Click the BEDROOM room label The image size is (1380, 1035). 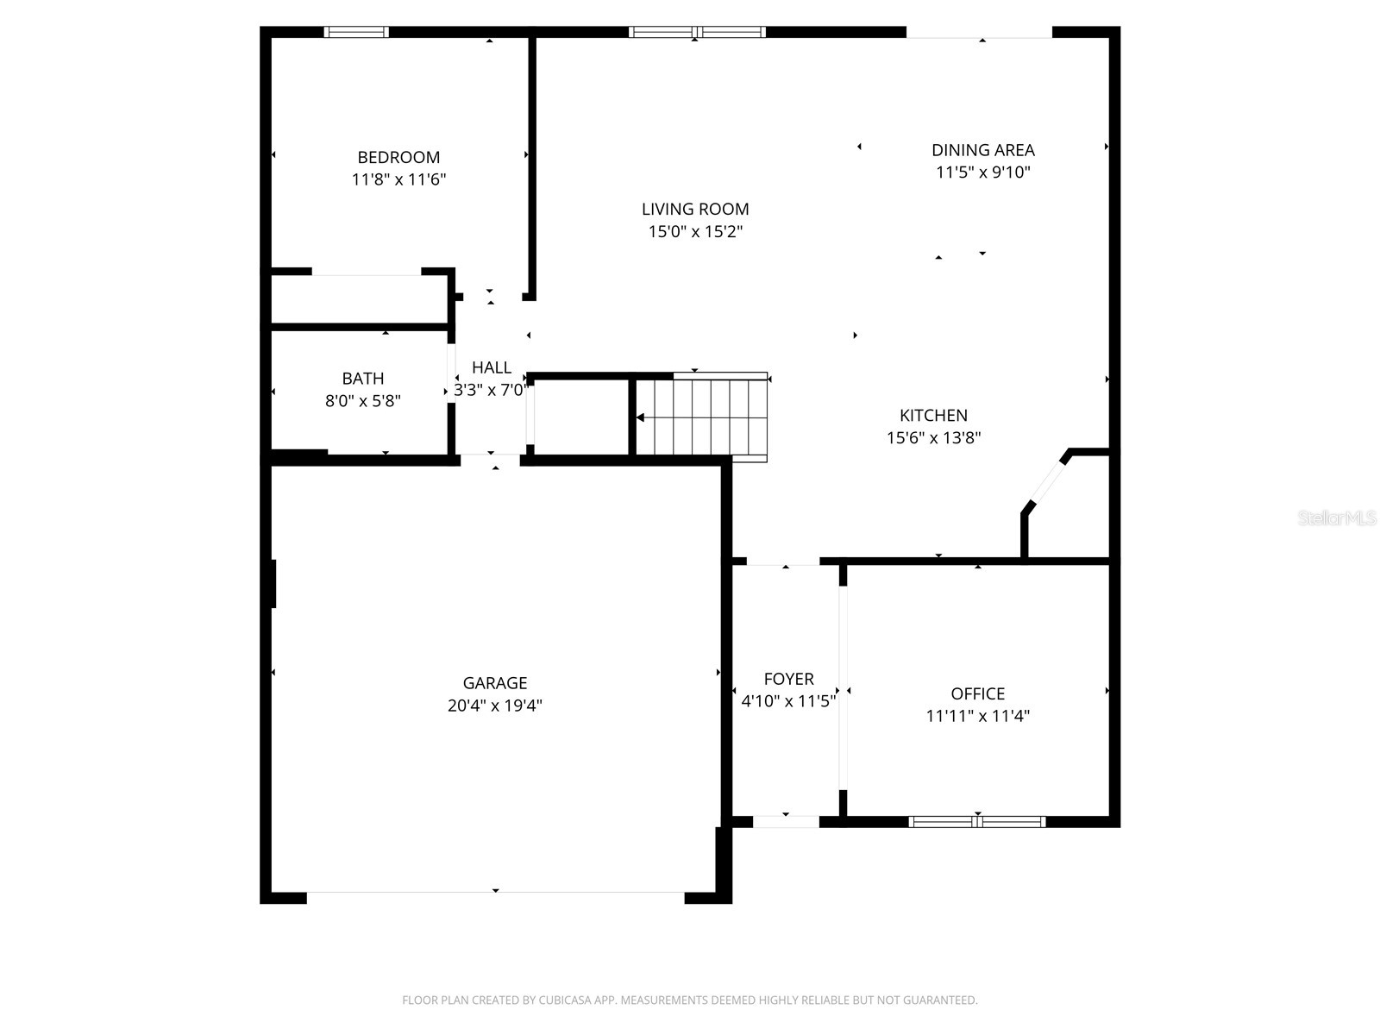[398, 157]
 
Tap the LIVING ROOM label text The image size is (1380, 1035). [695, 210]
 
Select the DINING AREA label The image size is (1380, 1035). [983, 150]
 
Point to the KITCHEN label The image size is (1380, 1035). [933, 416]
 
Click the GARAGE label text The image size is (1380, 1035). [495, 683]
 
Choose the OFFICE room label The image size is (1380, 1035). [977, 693]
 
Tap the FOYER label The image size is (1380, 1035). [789, 679]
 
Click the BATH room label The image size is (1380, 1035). [363, 379]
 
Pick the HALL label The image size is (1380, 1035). [492, 367]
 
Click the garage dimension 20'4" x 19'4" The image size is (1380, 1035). [495, 706]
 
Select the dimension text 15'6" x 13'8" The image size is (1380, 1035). [933, 438]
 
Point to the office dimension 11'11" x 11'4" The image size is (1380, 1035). [977, 717]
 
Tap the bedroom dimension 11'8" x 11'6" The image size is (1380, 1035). [398, 179]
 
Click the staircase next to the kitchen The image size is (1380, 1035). [701, 417]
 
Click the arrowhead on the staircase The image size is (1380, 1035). [640, 417]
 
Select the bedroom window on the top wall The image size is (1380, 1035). [356, 32]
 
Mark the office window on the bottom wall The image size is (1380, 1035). [977, 821]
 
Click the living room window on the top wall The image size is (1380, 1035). [697, 32]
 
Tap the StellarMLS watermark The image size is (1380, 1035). [1337, 517]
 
